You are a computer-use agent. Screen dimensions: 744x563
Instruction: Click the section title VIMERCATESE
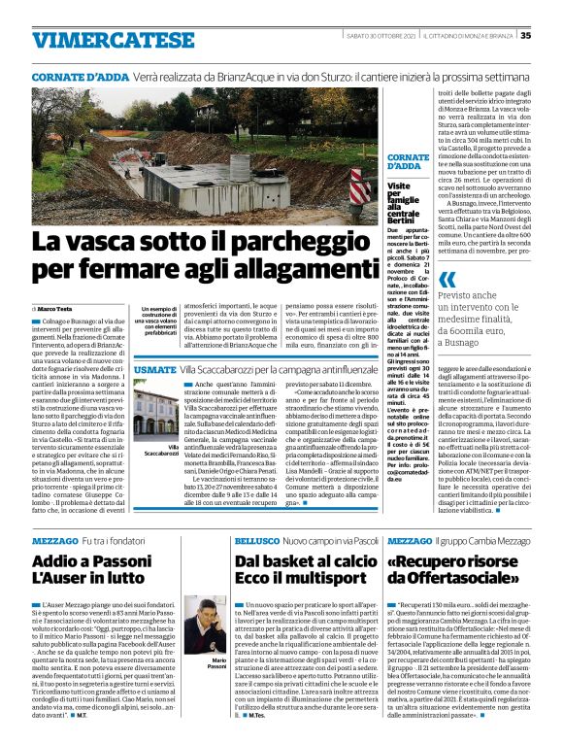pos(99,40)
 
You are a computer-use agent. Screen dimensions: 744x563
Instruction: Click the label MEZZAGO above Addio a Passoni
pos(54,539)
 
